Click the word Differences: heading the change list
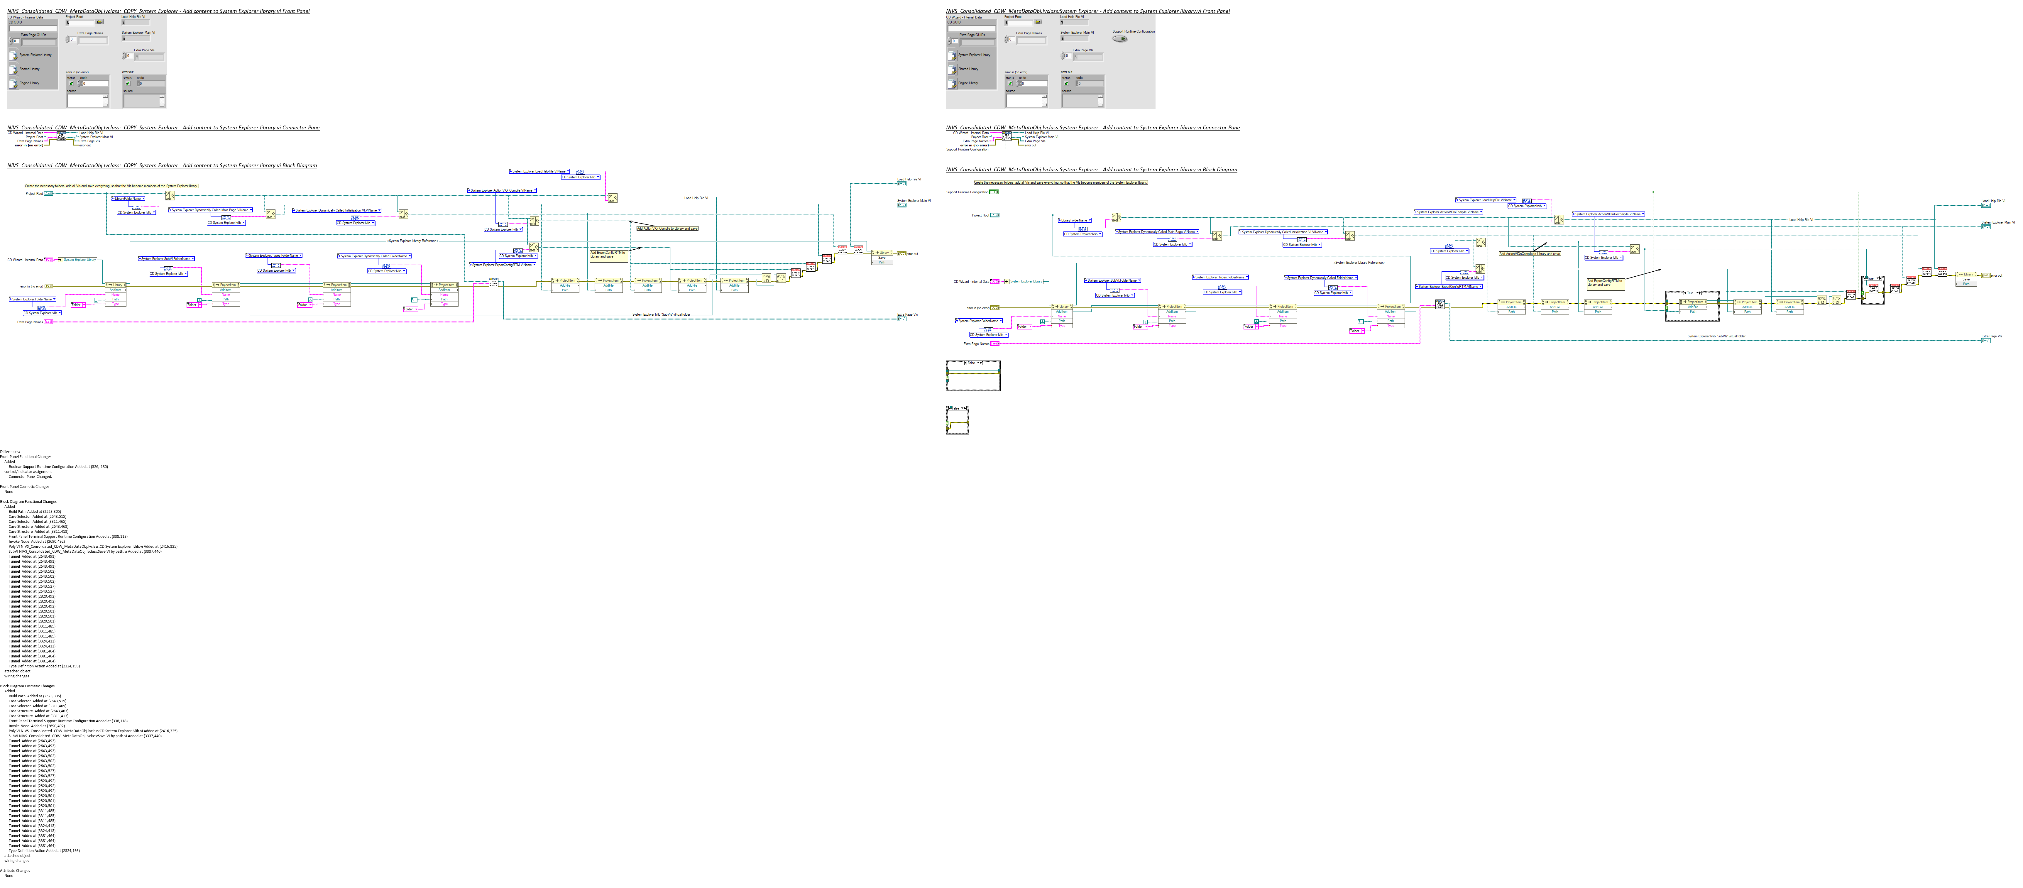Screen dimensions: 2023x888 9,451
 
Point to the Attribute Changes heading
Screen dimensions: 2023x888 15,870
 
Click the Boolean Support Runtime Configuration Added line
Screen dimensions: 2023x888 58,466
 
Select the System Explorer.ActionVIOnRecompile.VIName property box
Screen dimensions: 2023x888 1608,214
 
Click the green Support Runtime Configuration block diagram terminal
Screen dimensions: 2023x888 993,192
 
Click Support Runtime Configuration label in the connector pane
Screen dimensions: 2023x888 967,149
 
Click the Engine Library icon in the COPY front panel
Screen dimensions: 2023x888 13,82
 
